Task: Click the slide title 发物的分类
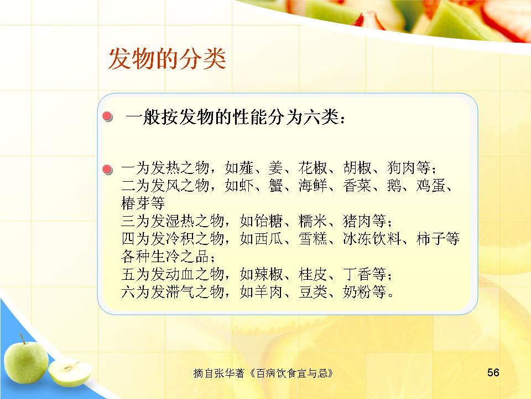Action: click(x=167, y=59)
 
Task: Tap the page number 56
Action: click(x=493, y=372)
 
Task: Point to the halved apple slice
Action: click(x=70, y=372)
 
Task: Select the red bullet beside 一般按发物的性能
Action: click(x=107, y=116)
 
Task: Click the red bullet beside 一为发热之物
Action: click(x=107, y=170)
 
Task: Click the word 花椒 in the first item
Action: click(x=313, y=168)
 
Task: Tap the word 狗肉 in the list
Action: click(x=402, y=168)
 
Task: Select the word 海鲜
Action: click(x=313, y=186)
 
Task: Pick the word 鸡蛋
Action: click(x=431, y=186)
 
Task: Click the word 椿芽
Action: click(x=136, y=203)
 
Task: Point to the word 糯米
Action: click(x=313, y=221)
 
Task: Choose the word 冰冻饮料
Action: click(x=372, y=239)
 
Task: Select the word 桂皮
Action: click(x=313, y=274)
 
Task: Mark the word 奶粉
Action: click(x=357, y=292)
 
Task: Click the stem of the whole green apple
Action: click(x=22, y=338)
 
